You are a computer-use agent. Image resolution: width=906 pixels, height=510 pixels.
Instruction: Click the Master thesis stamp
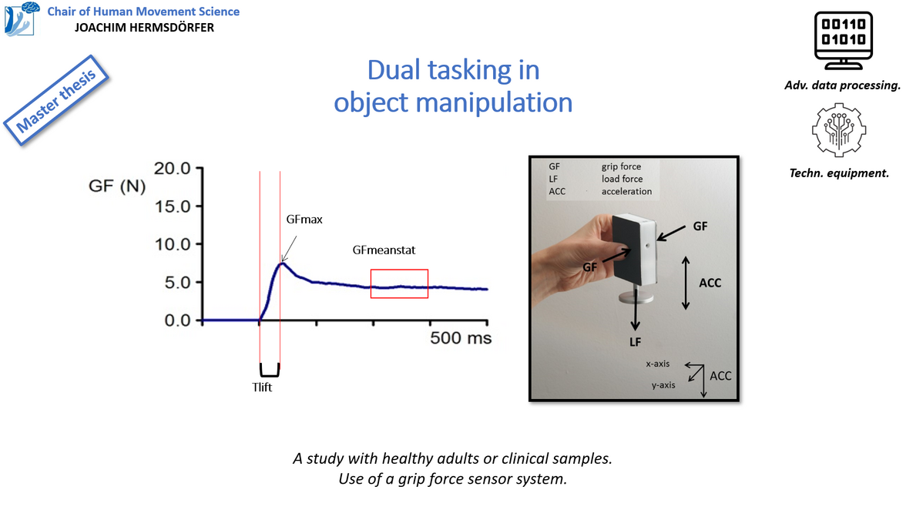coord(56,100)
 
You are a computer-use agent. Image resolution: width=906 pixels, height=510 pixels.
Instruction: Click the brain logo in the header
coord(22,18)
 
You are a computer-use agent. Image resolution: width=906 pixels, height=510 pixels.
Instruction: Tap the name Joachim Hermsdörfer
coord(145,27)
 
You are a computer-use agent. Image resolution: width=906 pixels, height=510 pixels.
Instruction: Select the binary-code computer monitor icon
coord(843,40)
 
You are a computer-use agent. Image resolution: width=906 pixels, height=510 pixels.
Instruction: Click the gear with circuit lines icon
coord(839,130)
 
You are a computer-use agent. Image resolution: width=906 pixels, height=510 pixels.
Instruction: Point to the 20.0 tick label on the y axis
coord(173,168)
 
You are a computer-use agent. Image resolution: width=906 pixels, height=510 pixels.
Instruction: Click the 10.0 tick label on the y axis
coord(173,244)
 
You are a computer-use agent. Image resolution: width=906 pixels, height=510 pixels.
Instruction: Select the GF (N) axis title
coord(117,186)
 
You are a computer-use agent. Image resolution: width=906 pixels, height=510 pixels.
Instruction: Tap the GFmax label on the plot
coord(304,220)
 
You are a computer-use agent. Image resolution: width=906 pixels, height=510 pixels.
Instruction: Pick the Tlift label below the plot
coord(262,387)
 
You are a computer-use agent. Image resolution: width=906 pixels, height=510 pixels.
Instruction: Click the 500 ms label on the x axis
coord(461,338)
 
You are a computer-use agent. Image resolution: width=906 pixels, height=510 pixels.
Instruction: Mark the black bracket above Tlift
coord(270,375)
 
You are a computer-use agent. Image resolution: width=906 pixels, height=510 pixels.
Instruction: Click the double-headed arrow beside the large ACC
coord(686,283)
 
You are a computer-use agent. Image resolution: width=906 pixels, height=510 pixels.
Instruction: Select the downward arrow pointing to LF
coord(636,309)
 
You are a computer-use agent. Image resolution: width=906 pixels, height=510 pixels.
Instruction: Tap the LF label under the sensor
coord(636,342)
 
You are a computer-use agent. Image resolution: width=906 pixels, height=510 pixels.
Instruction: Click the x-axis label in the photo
coord(658,364)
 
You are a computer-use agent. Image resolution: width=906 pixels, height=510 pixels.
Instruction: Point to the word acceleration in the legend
coord(626,191)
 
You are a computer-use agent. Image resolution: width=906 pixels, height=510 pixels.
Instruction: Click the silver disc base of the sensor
coord(636,297)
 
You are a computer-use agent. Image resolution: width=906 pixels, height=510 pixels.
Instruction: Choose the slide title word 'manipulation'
coord(494,102)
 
